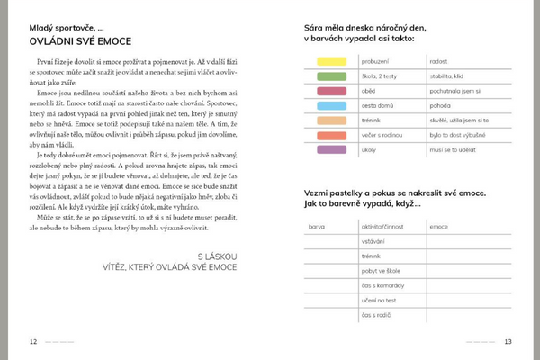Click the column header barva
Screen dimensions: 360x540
(316, 227)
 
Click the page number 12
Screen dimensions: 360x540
(33, 341)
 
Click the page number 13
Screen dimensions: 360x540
(508, 341)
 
